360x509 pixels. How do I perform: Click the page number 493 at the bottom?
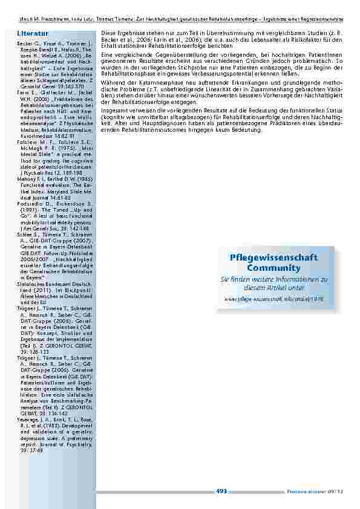pos(221,491)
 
